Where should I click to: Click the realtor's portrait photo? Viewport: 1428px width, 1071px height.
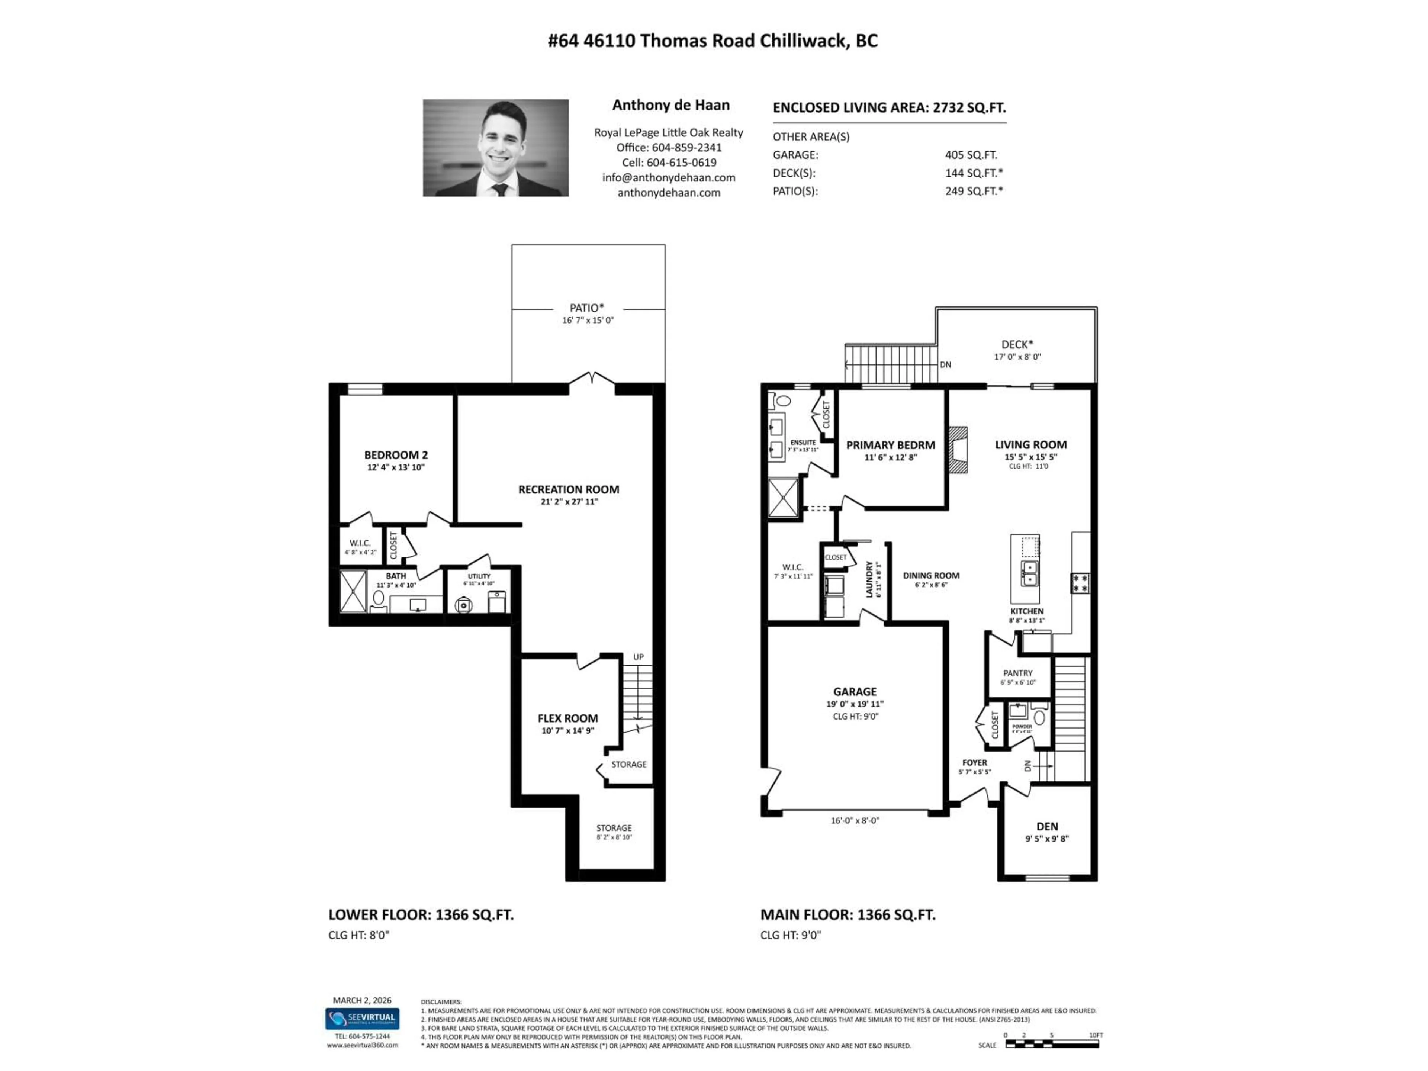click(x=495, y=148)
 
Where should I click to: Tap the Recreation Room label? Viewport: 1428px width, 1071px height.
click(x=568, y=489)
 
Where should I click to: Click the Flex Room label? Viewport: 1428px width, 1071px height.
click(x=567, y=718)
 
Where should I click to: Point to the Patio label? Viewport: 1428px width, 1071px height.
click(x=587, y=308)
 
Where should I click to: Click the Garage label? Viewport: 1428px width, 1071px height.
click(x=854, y=691)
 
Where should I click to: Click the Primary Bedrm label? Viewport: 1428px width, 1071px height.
click(x=890, y=445)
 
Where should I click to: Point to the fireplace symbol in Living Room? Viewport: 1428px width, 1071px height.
click(x=958, y=450)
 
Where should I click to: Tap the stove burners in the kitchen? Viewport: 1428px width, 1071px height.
click(x=1080, y=583)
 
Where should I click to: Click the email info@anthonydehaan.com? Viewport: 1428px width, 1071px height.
click(x=668, y=177)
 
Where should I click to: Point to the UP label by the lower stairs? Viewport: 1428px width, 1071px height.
click(x=638, y=656)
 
